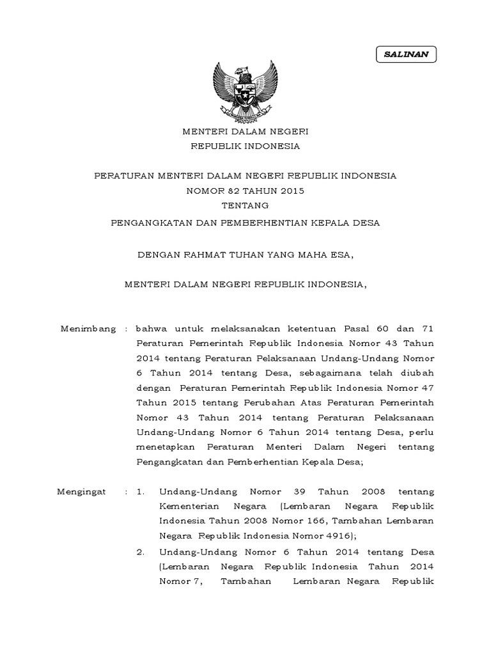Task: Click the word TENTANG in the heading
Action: point(245,205)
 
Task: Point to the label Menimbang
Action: point(88,329)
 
